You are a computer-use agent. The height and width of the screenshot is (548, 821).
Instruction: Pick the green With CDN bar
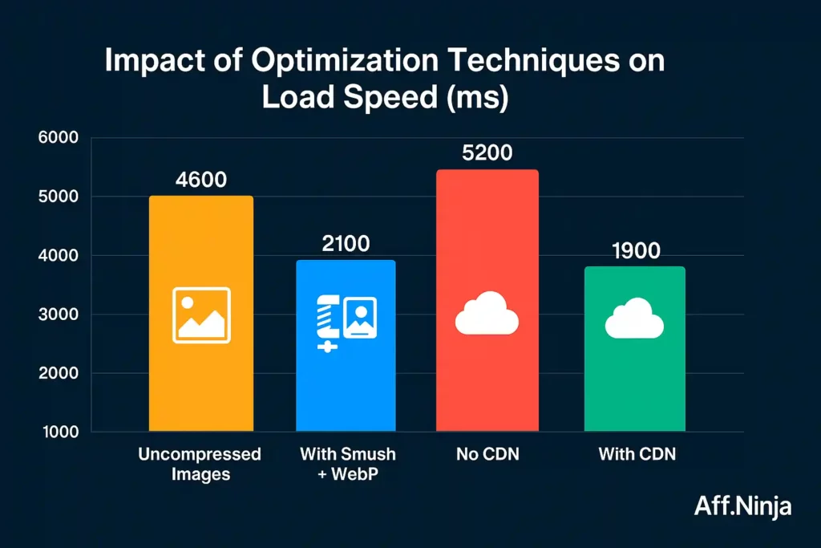tap(634, 377)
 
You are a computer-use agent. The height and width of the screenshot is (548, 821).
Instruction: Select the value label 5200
tap(487, 152)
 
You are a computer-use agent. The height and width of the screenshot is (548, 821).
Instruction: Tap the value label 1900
tap(635, 250)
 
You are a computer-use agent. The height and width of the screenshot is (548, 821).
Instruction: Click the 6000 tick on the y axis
tap(58, 138)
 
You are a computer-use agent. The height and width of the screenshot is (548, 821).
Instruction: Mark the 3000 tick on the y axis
tap(58, 315)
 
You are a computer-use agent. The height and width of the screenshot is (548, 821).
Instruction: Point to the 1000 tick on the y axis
tap(58, 432)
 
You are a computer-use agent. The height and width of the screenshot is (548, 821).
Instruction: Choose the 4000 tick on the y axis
tap(58, 256)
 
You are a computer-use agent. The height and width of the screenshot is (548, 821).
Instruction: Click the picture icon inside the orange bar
tap(201, 315)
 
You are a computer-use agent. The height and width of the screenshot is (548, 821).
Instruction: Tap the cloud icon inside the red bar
tap(487, 314)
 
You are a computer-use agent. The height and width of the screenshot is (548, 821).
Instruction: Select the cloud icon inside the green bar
tap(634, 319)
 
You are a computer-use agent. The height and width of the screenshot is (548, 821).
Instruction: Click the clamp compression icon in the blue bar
tap(330, 322)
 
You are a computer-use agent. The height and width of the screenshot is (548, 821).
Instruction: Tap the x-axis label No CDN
tap(487, 455)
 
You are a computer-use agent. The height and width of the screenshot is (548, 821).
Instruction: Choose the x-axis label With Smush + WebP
tap(347, 464)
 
